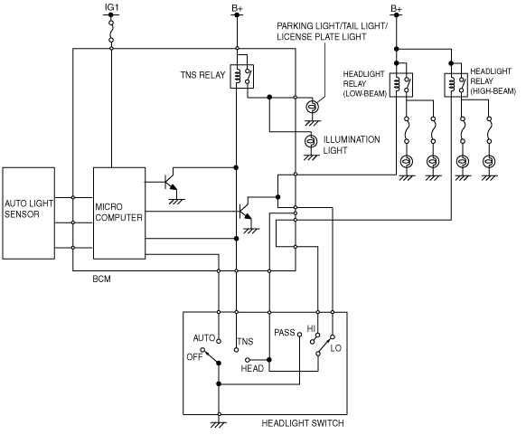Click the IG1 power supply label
coord(112,7)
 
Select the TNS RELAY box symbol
coord(242,77)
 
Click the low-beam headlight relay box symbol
coord(401,85)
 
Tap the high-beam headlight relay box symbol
coord(456,85)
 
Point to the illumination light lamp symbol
coord(311,141)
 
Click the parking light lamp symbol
coord(313,107)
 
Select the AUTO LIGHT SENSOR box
coord(29,213)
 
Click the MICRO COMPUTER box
coord(119,213)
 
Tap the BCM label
coord(101,279)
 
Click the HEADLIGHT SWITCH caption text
coord(303,423)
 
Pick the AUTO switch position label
coord(204,338)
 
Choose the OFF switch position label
coord(194,357)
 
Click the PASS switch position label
coord(285,333)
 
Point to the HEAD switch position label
coord(252,369)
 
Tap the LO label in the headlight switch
coord(336,348)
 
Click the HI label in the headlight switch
coord(311,328)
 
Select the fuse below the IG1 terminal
coord(111,32)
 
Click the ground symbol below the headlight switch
coord(219,424)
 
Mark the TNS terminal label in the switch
coord(245,342)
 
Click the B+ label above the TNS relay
coord(237,8)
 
